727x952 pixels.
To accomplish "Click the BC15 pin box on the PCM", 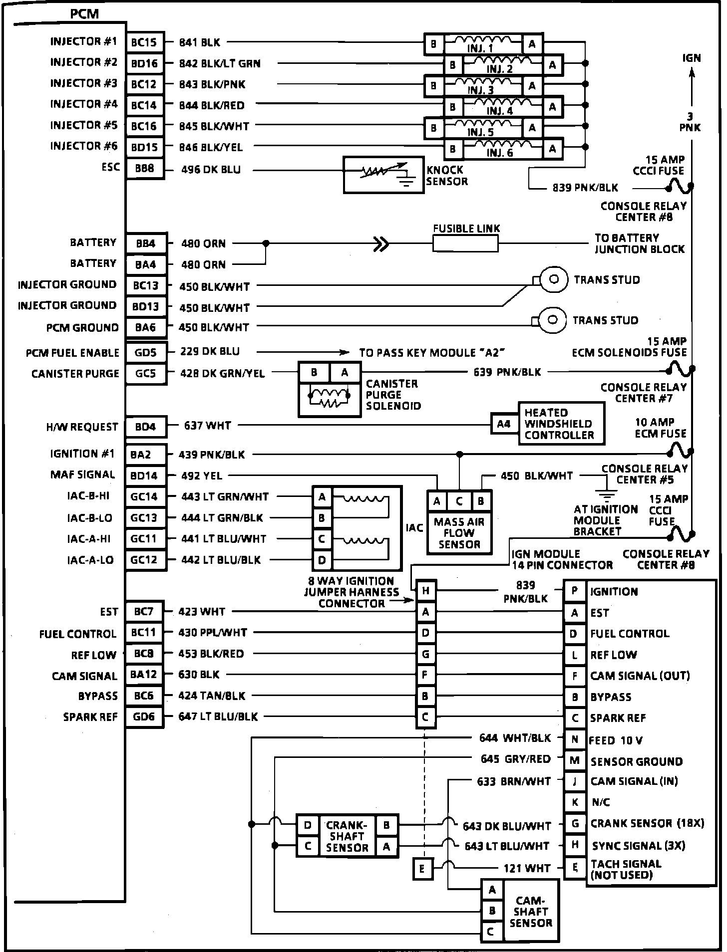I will click(144, 43).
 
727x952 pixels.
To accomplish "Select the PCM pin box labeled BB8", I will click(144, 169).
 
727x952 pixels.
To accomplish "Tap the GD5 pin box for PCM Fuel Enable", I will click(145, 353).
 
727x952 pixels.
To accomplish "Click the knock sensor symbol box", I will click(383, 175).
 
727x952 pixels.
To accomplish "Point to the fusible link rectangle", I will click(465, 244).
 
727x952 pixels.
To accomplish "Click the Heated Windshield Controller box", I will click(561, 424).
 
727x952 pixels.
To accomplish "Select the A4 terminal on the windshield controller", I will click(504, 424).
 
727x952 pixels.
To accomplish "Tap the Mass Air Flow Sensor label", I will click(459, 533).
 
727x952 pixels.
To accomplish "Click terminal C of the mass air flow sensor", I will click(459, 501).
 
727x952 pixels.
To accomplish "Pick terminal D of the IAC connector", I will click(322, 560).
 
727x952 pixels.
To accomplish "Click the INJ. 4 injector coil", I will click(500, 107).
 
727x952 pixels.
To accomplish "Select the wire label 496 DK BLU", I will click(211, 170).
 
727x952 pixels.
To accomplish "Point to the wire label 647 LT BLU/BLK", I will click(218, 716).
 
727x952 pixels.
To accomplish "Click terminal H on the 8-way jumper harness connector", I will click(425, 591).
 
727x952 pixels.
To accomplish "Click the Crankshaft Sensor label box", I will click(347, 836).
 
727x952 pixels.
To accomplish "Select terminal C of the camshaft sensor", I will click(491, 931).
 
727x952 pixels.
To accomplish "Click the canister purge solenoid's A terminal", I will click(345, 372).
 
